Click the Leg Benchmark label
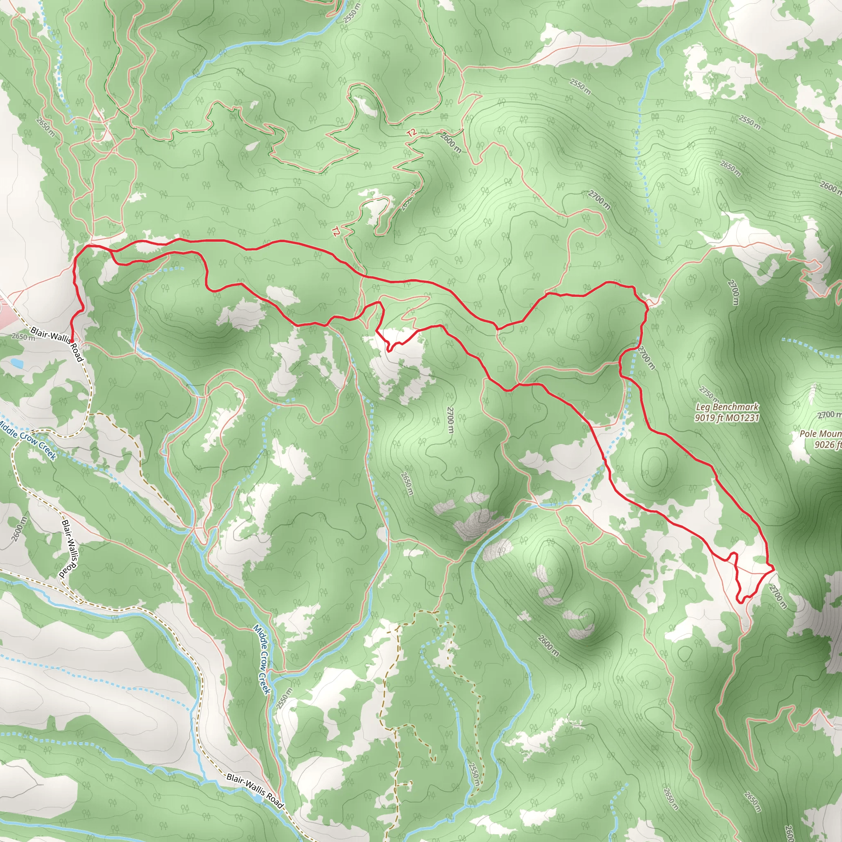[727, 407]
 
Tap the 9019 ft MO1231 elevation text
[727, 418]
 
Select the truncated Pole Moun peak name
[820, 434]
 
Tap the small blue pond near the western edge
[16, 362]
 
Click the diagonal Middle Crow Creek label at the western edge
[27, 440]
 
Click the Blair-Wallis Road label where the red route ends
[56, 344]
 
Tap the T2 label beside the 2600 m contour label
[412, 133]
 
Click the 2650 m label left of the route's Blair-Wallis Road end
[23, 336]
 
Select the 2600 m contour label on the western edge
[19, 528]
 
